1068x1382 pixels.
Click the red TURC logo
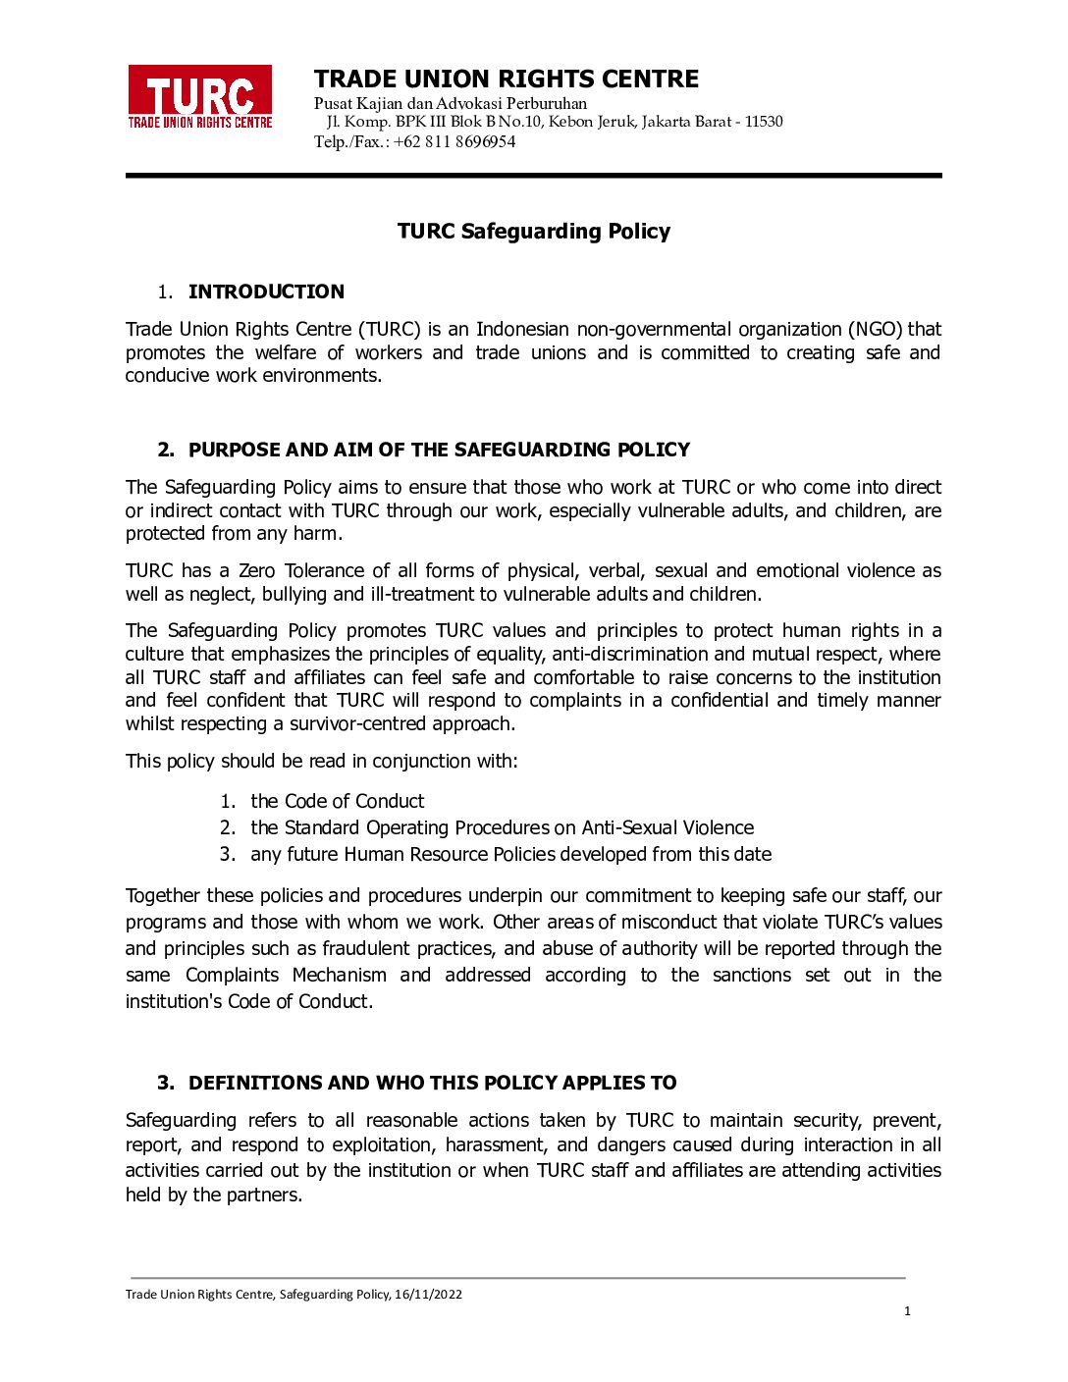click(x=200, y=96)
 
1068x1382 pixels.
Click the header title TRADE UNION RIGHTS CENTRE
click(x=506, y=79)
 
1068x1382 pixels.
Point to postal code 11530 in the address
click(x=764, y=122)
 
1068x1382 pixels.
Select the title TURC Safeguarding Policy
click(x=533, y=232)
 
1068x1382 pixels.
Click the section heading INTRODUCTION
click(x=266, y=292)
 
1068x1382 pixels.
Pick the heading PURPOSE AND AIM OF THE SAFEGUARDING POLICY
click(x=439, y=450)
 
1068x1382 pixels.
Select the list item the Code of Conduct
click(x=337, y=801)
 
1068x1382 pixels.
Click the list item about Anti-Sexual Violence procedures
click(x=502, y=827)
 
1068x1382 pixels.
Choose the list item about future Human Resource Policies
click(x=510, y=854)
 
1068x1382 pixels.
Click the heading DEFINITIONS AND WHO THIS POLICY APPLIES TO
click(x=432, y=1083)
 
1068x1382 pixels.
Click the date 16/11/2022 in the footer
click(x=428, y=1295)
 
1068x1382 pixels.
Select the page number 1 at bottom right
click(x=907, y=1311)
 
